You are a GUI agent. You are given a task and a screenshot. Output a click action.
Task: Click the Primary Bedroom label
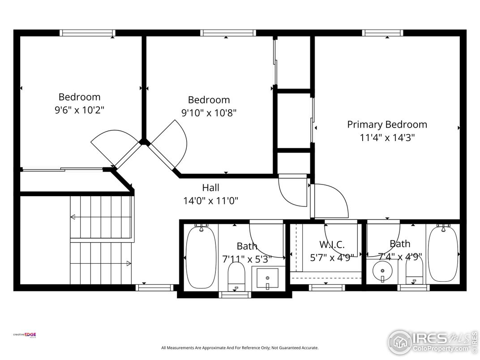coord(387,124)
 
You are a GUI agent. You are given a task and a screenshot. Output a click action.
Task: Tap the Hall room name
coord(210,187)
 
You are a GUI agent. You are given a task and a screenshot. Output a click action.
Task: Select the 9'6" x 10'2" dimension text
coord(80,110)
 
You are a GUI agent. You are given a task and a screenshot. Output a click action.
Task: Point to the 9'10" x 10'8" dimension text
coord(209,113)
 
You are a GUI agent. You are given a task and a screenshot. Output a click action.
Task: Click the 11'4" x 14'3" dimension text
coord(387,138)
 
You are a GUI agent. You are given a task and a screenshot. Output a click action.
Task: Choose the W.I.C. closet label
coord(332,244)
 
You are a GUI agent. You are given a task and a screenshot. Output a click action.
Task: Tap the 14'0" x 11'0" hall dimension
coord(210,201)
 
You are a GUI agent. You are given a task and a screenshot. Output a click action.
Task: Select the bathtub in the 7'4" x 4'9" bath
coord(443,254)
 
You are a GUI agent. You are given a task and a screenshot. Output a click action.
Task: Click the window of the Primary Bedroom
coord(383,33)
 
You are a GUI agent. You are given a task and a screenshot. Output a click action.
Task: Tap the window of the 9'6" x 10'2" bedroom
coord(87,33)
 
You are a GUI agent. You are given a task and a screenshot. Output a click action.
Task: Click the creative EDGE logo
coord(25,335)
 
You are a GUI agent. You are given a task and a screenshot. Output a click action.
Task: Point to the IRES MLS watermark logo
coord(432,343)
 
